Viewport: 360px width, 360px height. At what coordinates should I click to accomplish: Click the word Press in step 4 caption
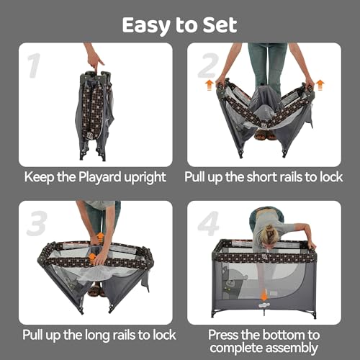pos(225,335)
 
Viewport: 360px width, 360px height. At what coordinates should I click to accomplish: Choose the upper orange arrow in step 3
pos(100,237)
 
